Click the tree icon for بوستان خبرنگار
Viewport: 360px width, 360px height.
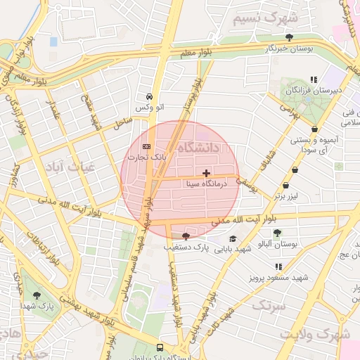(290, 37)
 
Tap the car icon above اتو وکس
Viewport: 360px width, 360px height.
(149, 96)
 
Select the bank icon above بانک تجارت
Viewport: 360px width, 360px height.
(146, 147)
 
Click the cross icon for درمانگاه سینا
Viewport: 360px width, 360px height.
(205, 173)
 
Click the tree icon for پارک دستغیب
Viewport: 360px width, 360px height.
(186, 236)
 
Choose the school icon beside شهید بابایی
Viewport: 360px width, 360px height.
(233, 239)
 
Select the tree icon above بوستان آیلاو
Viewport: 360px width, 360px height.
(278, 232)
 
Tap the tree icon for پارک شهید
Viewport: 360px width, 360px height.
(37, 296)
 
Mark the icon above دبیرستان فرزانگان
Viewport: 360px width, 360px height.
(314, 79)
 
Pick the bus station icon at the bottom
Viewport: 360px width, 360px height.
(160, 347)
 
